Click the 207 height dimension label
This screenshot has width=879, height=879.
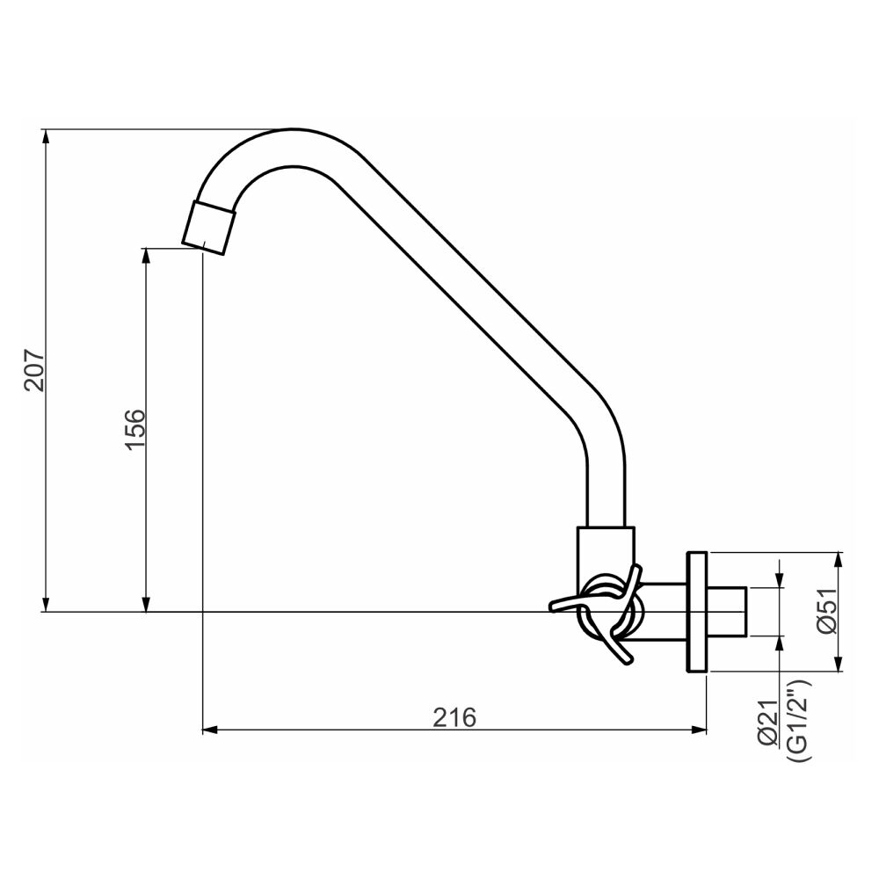(x=33, y=370)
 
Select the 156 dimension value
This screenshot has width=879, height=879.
(x=134, y=429)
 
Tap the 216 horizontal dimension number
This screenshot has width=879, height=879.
(x=454, y=717)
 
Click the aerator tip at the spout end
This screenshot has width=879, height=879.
(x=209, y=227)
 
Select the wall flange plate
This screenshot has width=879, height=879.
(x=697, y=613)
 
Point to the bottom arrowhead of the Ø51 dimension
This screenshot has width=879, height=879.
(x=840, y=665)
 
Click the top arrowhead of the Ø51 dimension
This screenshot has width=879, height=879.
(x=840, y=559)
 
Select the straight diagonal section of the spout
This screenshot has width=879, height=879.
(x=466, y=290)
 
